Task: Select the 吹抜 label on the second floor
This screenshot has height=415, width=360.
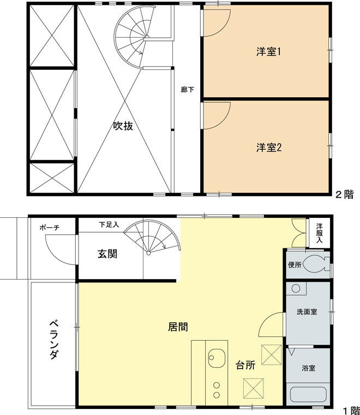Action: point(123,126)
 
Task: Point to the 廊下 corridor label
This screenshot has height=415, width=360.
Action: point(187,89)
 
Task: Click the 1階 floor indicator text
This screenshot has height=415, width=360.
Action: point(351,409)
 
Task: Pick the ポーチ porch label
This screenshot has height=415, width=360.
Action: point(50,228)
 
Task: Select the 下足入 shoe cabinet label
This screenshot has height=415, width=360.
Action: point(109,224)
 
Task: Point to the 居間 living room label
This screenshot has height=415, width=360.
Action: point(178,328)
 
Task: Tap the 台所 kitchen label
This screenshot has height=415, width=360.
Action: point(245,366)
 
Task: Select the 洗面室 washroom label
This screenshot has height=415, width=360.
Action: point(307,312)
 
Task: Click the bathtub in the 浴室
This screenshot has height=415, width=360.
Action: point(308,395)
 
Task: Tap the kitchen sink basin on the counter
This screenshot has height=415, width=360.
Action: point(217,359)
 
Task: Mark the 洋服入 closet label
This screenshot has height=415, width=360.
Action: point(320,233)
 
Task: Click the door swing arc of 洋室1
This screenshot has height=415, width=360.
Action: point(215,25)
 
